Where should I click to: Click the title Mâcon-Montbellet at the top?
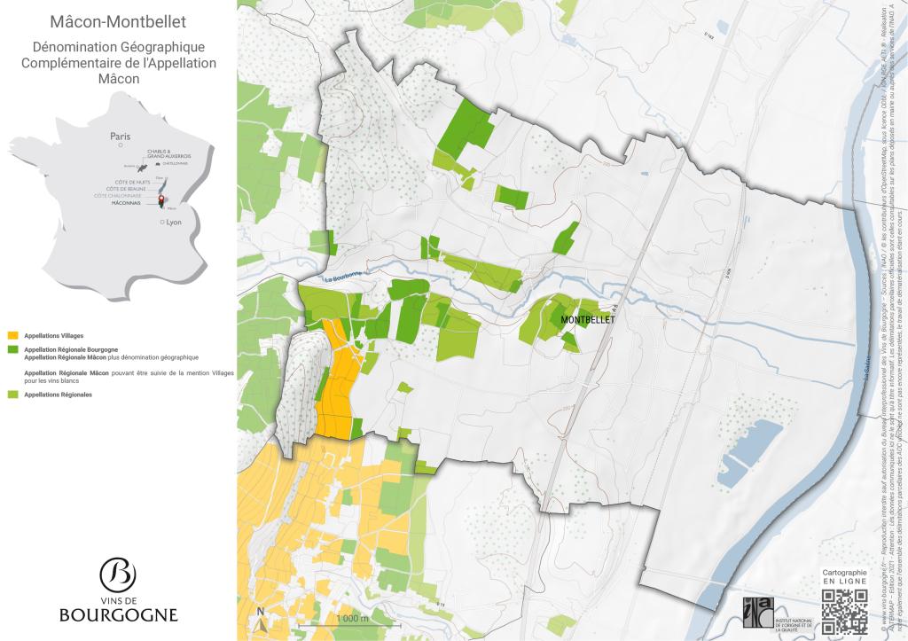click(x=118, y=21)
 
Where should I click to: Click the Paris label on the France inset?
click(x=120, y=137)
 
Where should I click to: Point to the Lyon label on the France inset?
click(x=173, y=223)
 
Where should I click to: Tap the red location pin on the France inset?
click(x=161, y=200)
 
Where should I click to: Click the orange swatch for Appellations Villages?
click(x=12, y=336)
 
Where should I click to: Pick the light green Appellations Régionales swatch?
click(x=12, y=394)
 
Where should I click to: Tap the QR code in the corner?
click(x=844, y=613)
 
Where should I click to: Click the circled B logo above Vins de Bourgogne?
click(x=118, y=574)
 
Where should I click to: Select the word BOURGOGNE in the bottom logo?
click(x=118, y=614)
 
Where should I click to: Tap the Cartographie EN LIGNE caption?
click(x=844, y=578)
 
